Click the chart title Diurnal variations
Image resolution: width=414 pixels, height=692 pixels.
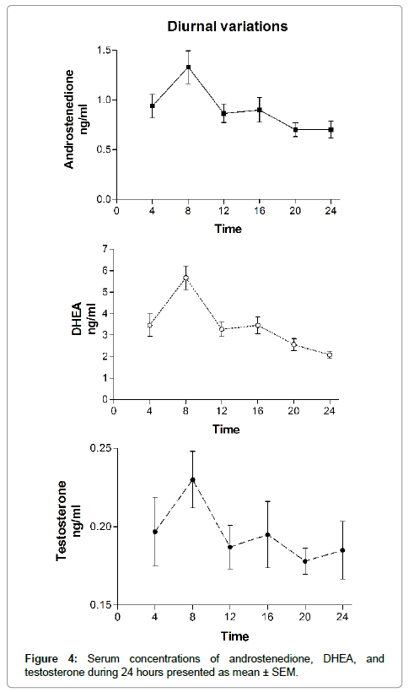click(x=228, y=26)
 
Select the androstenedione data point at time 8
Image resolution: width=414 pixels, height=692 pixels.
click(x=188, y=67)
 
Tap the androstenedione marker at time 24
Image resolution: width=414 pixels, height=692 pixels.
click(x=331, y=130)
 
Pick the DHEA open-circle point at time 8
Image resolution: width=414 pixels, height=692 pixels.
click(x=186, y=278)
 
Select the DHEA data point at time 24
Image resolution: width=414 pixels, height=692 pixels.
click(x=330, y=354)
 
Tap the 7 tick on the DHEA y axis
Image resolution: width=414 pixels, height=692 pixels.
click(x=105, y=249)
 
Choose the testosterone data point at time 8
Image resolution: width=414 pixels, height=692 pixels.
click(x=193, y=479)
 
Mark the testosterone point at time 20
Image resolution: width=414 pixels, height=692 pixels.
click(x=305, y=561)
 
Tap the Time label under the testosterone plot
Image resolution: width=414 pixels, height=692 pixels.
click(x=235, y=636)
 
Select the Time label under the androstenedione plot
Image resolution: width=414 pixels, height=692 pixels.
click(x=229, y=229)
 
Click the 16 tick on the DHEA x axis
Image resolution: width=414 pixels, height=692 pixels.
click(x=258, y=411)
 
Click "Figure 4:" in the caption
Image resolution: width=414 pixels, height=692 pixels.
click(x=51, y=659)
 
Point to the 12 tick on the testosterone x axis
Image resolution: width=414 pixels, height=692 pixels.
click(x=230, y=617)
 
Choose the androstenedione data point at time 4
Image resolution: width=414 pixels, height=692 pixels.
click(x=153, y=106)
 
